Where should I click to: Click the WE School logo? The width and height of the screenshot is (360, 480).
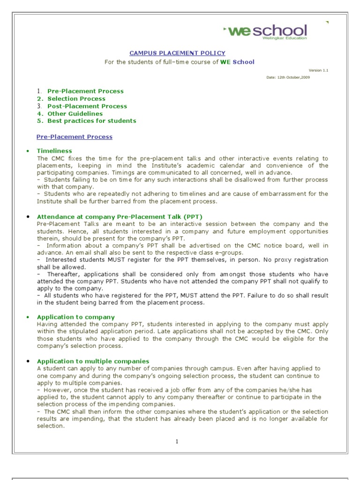(266, 31)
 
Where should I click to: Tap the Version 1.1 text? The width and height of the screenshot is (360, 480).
(319, 70)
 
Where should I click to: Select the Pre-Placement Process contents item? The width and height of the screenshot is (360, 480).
(85, 91)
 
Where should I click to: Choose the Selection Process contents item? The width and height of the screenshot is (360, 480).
(76, 99)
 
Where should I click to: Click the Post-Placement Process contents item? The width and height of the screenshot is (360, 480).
(87, 106)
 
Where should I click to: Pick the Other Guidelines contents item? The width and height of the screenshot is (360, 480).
(75, 114)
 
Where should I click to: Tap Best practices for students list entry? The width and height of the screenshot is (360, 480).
(91, 121)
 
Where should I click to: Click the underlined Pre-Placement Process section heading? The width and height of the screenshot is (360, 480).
(75, 137)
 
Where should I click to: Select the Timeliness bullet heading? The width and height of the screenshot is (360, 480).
(54, 151)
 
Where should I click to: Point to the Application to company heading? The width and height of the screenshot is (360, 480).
(75, 317)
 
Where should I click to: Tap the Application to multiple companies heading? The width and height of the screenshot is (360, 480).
(93, 361)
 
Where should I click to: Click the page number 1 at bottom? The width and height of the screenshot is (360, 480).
(178, 442)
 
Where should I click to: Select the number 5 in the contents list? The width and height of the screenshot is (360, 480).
(40, 121)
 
